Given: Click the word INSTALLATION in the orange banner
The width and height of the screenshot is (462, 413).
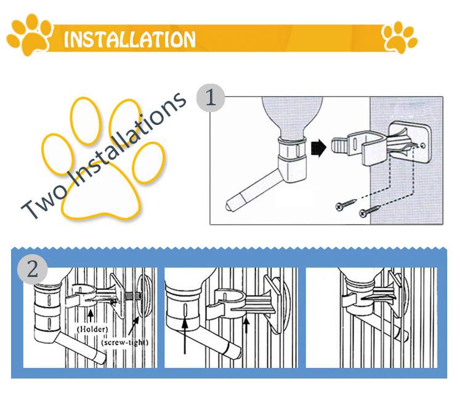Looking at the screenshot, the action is [x=129, y=39].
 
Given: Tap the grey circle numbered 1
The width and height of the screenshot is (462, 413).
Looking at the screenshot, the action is [x=211, y=98].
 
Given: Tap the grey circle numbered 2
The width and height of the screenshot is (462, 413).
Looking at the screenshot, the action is [x=33, y=269].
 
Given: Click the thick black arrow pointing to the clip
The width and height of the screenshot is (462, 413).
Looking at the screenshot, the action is [x=318, y=148].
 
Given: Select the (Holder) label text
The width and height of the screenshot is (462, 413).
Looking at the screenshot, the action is [x=92, y=329].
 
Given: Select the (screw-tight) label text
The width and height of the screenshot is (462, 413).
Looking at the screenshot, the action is [x=124, y=342].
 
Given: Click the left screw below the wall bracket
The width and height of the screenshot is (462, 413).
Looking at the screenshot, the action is [x=346, y=204].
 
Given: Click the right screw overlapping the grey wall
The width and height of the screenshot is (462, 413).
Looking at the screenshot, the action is [x=370, y=211].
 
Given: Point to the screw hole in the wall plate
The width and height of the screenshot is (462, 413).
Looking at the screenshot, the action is [x=423, y=145].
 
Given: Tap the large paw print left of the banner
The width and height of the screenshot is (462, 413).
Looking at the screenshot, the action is [x=30, y=34].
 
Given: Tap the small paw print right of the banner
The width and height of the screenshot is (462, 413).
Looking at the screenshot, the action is [x=399, y=38].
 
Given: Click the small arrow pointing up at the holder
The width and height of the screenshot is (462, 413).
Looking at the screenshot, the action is [x=91, y=316].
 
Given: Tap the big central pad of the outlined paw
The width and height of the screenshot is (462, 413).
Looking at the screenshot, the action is [x=101, y=191].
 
